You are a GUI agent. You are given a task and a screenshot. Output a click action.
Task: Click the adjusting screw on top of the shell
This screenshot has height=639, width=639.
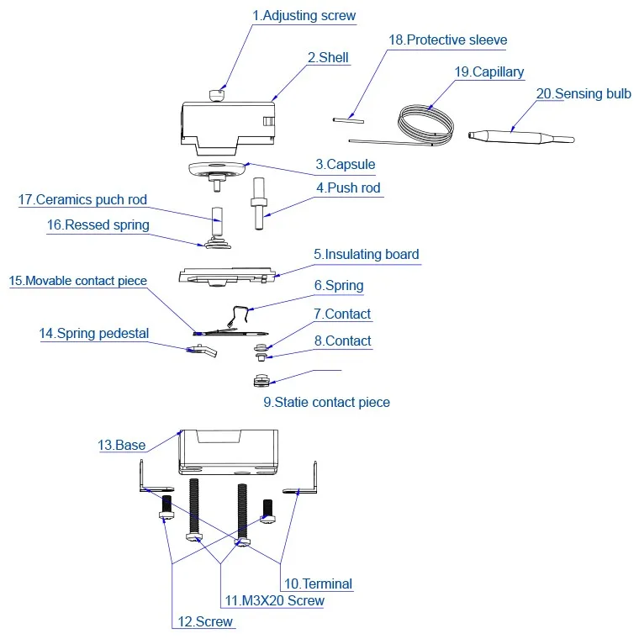(217, 96)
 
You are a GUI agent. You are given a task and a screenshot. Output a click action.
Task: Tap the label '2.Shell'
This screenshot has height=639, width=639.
(328, 57)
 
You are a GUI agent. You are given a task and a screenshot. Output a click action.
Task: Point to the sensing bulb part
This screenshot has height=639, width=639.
(521, 136)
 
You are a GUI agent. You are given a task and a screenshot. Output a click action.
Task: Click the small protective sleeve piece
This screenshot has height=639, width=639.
(348, 120)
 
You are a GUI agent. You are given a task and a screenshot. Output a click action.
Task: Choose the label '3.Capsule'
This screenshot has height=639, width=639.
(346, 164)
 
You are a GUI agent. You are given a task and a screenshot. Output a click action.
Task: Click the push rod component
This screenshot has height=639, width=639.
(258, 203)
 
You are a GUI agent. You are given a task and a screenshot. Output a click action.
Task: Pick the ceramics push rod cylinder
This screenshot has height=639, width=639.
(217, 220)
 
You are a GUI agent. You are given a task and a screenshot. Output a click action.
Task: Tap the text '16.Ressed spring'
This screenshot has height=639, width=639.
(98, 224)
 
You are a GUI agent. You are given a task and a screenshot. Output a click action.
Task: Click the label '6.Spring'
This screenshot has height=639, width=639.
(339, 285)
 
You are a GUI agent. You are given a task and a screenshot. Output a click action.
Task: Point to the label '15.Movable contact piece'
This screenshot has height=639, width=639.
(78, 281)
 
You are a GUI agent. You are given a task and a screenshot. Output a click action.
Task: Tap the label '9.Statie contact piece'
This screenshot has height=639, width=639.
(326, 402)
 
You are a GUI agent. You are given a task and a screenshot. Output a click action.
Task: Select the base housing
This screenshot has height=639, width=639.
(229, 452)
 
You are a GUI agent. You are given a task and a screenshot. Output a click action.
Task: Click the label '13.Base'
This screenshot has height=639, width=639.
(121, 445)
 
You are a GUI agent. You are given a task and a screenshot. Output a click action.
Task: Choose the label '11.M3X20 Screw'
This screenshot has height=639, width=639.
(275, 600)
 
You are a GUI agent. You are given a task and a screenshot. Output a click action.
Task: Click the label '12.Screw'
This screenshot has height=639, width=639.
(205, 621)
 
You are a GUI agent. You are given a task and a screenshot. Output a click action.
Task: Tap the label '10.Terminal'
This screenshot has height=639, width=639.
(318, 584)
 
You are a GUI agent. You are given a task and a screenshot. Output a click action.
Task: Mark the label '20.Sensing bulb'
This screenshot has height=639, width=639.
(584, 93)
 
